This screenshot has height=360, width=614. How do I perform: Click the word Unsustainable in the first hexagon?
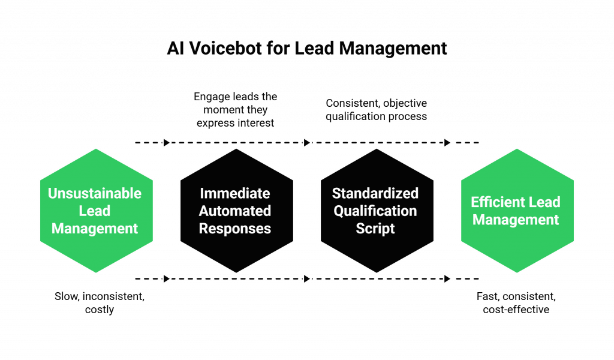(x=95, y=194)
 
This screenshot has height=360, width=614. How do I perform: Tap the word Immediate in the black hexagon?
(x=235, y=194)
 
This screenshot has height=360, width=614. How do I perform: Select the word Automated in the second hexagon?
(x=235, y=211)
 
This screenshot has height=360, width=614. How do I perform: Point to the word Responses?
(x=235, y=229)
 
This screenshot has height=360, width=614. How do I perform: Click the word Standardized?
(x=375, y=194)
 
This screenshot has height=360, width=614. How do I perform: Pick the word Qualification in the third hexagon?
(x=375, y=211)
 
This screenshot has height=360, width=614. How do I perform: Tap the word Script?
(x=375, y=229)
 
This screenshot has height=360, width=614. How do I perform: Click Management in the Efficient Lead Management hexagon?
(x=516, y=220)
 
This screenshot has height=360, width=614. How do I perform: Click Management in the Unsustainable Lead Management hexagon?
(x=95, y=229)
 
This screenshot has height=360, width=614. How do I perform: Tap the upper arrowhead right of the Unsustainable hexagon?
(x=167, y=143)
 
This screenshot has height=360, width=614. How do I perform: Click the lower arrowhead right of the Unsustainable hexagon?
(x=167, y=278)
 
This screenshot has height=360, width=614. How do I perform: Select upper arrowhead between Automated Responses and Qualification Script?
(x=307, y=143)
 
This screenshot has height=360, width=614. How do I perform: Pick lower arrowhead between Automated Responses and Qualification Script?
(x=307, y=278)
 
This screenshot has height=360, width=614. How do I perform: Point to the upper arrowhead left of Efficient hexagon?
(x=447, y=143)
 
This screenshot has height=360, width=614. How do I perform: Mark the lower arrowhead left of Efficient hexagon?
(x=447, y=278)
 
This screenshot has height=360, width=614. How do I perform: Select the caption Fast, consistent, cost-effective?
(x=516, y=302)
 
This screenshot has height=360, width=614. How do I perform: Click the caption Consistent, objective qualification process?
(x=377, y=109)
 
